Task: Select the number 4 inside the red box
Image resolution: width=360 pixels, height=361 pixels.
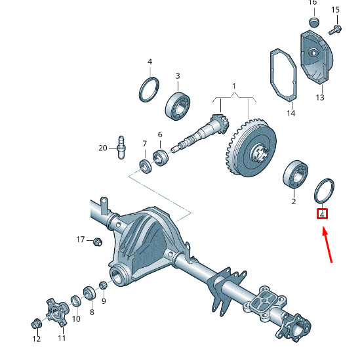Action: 322,215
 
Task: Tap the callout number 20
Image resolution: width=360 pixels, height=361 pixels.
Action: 103,148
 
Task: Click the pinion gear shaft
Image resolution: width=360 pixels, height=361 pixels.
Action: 200,133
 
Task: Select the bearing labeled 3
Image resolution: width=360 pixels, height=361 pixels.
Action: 178,106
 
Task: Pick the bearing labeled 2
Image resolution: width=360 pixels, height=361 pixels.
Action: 295,175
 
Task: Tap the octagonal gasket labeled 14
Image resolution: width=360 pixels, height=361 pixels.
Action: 283,75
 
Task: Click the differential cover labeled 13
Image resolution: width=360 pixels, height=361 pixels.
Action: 317,58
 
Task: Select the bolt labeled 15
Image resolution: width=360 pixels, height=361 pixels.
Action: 335,30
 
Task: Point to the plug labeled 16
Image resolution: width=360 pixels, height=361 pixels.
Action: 314,22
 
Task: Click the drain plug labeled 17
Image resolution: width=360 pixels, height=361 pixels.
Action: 98,242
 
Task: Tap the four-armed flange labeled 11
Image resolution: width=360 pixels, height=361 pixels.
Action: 56,312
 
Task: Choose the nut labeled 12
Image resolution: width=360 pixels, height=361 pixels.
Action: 36,324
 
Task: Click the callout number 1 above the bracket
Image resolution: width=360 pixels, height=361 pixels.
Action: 234,86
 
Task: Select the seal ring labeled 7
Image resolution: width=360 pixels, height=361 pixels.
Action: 146,166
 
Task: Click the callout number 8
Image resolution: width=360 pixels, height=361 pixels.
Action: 92,312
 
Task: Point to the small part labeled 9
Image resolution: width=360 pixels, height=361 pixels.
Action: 103,286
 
